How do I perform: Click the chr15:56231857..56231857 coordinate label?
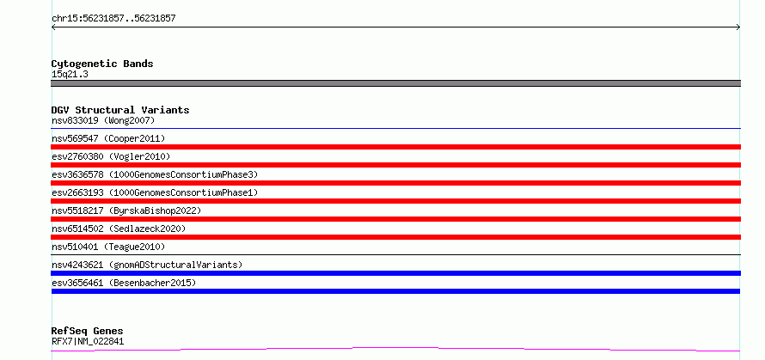(113, 19)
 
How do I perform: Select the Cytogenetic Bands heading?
(102, 64)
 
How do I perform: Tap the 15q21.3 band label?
(70, 75)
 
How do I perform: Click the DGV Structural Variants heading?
(120, 110)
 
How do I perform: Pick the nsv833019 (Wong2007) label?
(103, 120)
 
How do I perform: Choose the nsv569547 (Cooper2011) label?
(108, 138)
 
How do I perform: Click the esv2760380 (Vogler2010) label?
(111, 156)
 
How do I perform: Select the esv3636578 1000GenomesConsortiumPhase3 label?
(155, 174)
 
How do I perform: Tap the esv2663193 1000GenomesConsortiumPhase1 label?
(155, 192)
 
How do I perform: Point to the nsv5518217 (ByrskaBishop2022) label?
(126, 211)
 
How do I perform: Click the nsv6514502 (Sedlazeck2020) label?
(119, 229)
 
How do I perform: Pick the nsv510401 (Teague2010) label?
(108, 247)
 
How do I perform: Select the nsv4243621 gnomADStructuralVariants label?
(147, 265)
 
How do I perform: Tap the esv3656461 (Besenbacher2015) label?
(124, 283)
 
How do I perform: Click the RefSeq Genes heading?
(88, 331)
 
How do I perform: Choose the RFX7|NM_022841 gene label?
(88, 341)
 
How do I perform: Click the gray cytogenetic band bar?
(395, 83)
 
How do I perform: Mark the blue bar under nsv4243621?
(395, 273)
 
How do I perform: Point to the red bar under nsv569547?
(395, 147)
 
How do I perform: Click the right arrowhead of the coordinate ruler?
(739, 27)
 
